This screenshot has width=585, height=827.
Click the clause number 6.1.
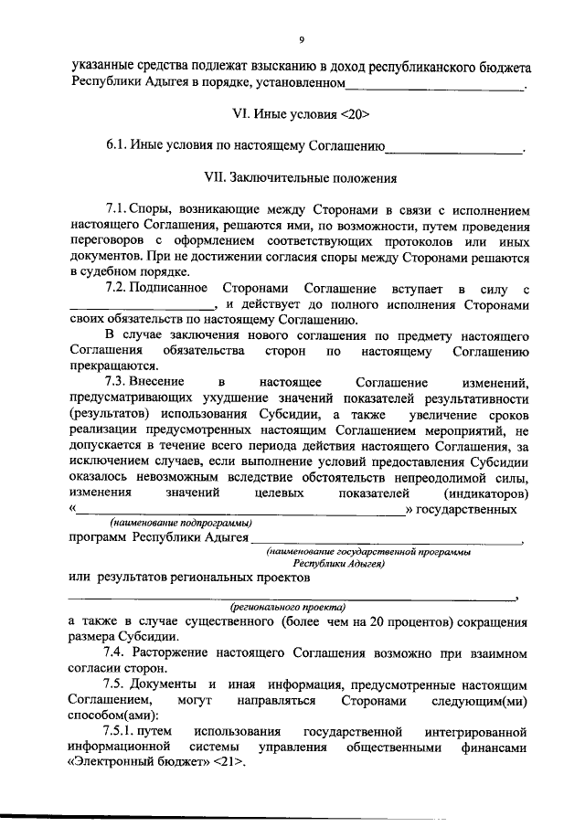point(116,144)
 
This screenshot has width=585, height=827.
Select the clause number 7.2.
point(114,288)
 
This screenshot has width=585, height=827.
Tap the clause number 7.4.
point(115,652)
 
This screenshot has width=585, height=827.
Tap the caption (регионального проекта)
point(287,605)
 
